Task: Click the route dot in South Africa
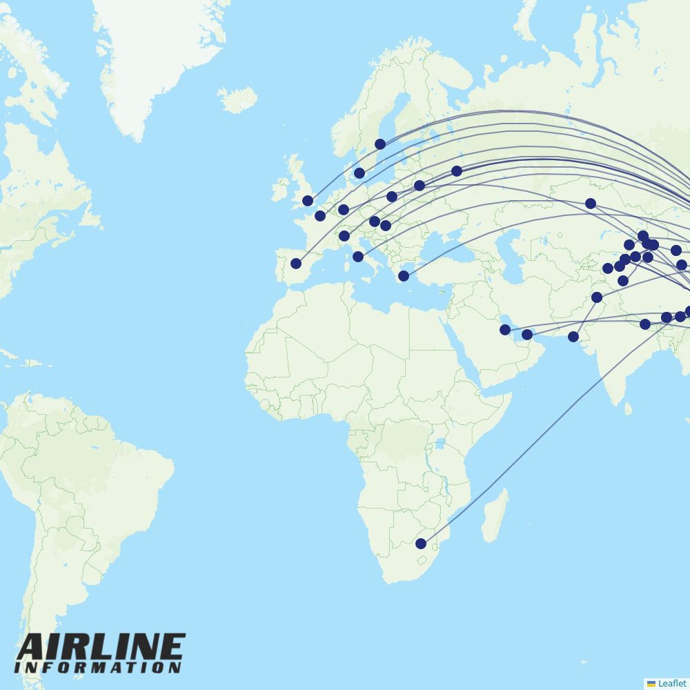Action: (421, 544)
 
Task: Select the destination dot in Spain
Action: (296, 264)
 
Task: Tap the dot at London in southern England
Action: (308, 201)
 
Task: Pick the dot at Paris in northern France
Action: (320, 216)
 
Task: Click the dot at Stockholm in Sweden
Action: (380, 144)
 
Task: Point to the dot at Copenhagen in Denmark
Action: (359, 173)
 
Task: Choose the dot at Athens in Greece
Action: (404, 276)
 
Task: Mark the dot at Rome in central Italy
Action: (358, 257)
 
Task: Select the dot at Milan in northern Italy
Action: (344, 236)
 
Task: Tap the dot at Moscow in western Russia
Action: (457, 171)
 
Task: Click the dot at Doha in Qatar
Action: (505, 330)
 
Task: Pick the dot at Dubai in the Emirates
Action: (527, 335)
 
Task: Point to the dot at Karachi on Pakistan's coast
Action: (573, 337)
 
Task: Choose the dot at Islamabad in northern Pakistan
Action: (597, 297)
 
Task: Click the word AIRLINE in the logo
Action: (101, 647)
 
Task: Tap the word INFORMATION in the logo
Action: (97, 668)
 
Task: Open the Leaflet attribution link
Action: (671, 683)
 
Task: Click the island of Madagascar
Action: (494, 515)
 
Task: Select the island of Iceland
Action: (238, 99)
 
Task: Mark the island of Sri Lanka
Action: (629, 408)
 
